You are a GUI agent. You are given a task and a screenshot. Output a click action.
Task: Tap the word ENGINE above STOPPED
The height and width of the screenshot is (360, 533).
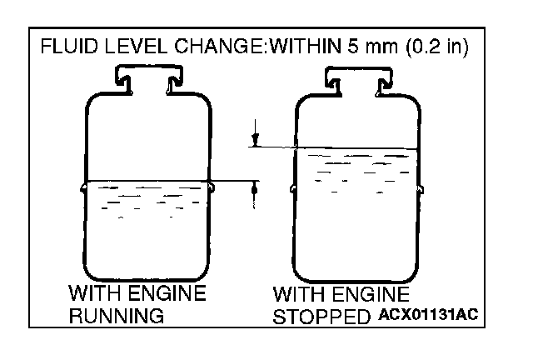coord(374,295)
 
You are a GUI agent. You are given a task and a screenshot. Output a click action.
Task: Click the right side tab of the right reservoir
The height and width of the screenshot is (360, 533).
coord(423,187)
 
